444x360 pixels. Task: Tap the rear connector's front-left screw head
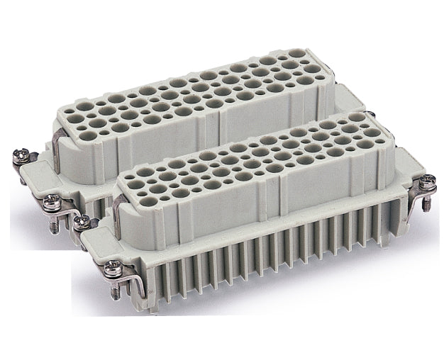pyautogui.click(x=51, y=203)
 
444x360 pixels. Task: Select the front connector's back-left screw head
pyautogui.click(x=81, y=221)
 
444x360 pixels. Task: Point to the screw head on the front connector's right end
pyautogui.click(x=427, y=182)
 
